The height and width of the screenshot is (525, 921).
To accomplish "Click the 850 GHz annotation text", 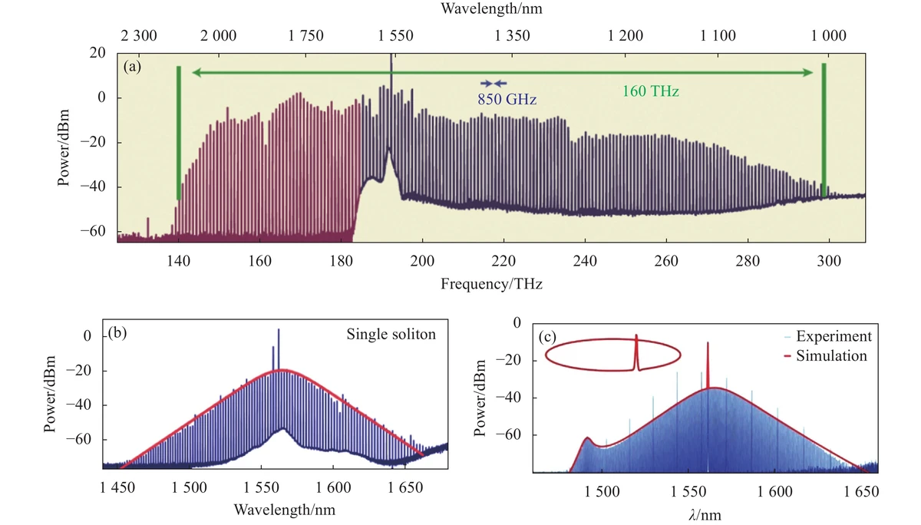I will point(507,99).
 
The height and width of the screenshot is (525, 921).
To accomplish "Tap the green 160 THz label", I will point(651,91).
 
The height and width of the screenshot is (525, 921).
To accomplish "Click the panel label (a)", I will point(133,67).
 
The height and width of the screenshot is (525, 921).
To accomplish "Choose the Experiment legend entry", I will point(834,336).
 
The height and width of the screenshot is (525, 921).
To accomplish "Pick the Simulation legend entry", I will point(832,355).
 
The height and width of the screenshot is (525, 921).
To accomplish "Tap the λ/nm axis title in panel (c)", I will point(705,513).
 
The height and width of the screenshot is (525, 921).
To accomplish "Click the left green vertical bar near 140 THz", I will point(179,133).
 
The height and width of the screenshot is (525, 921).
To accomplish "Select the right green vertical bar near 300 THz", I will point(824,130).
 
